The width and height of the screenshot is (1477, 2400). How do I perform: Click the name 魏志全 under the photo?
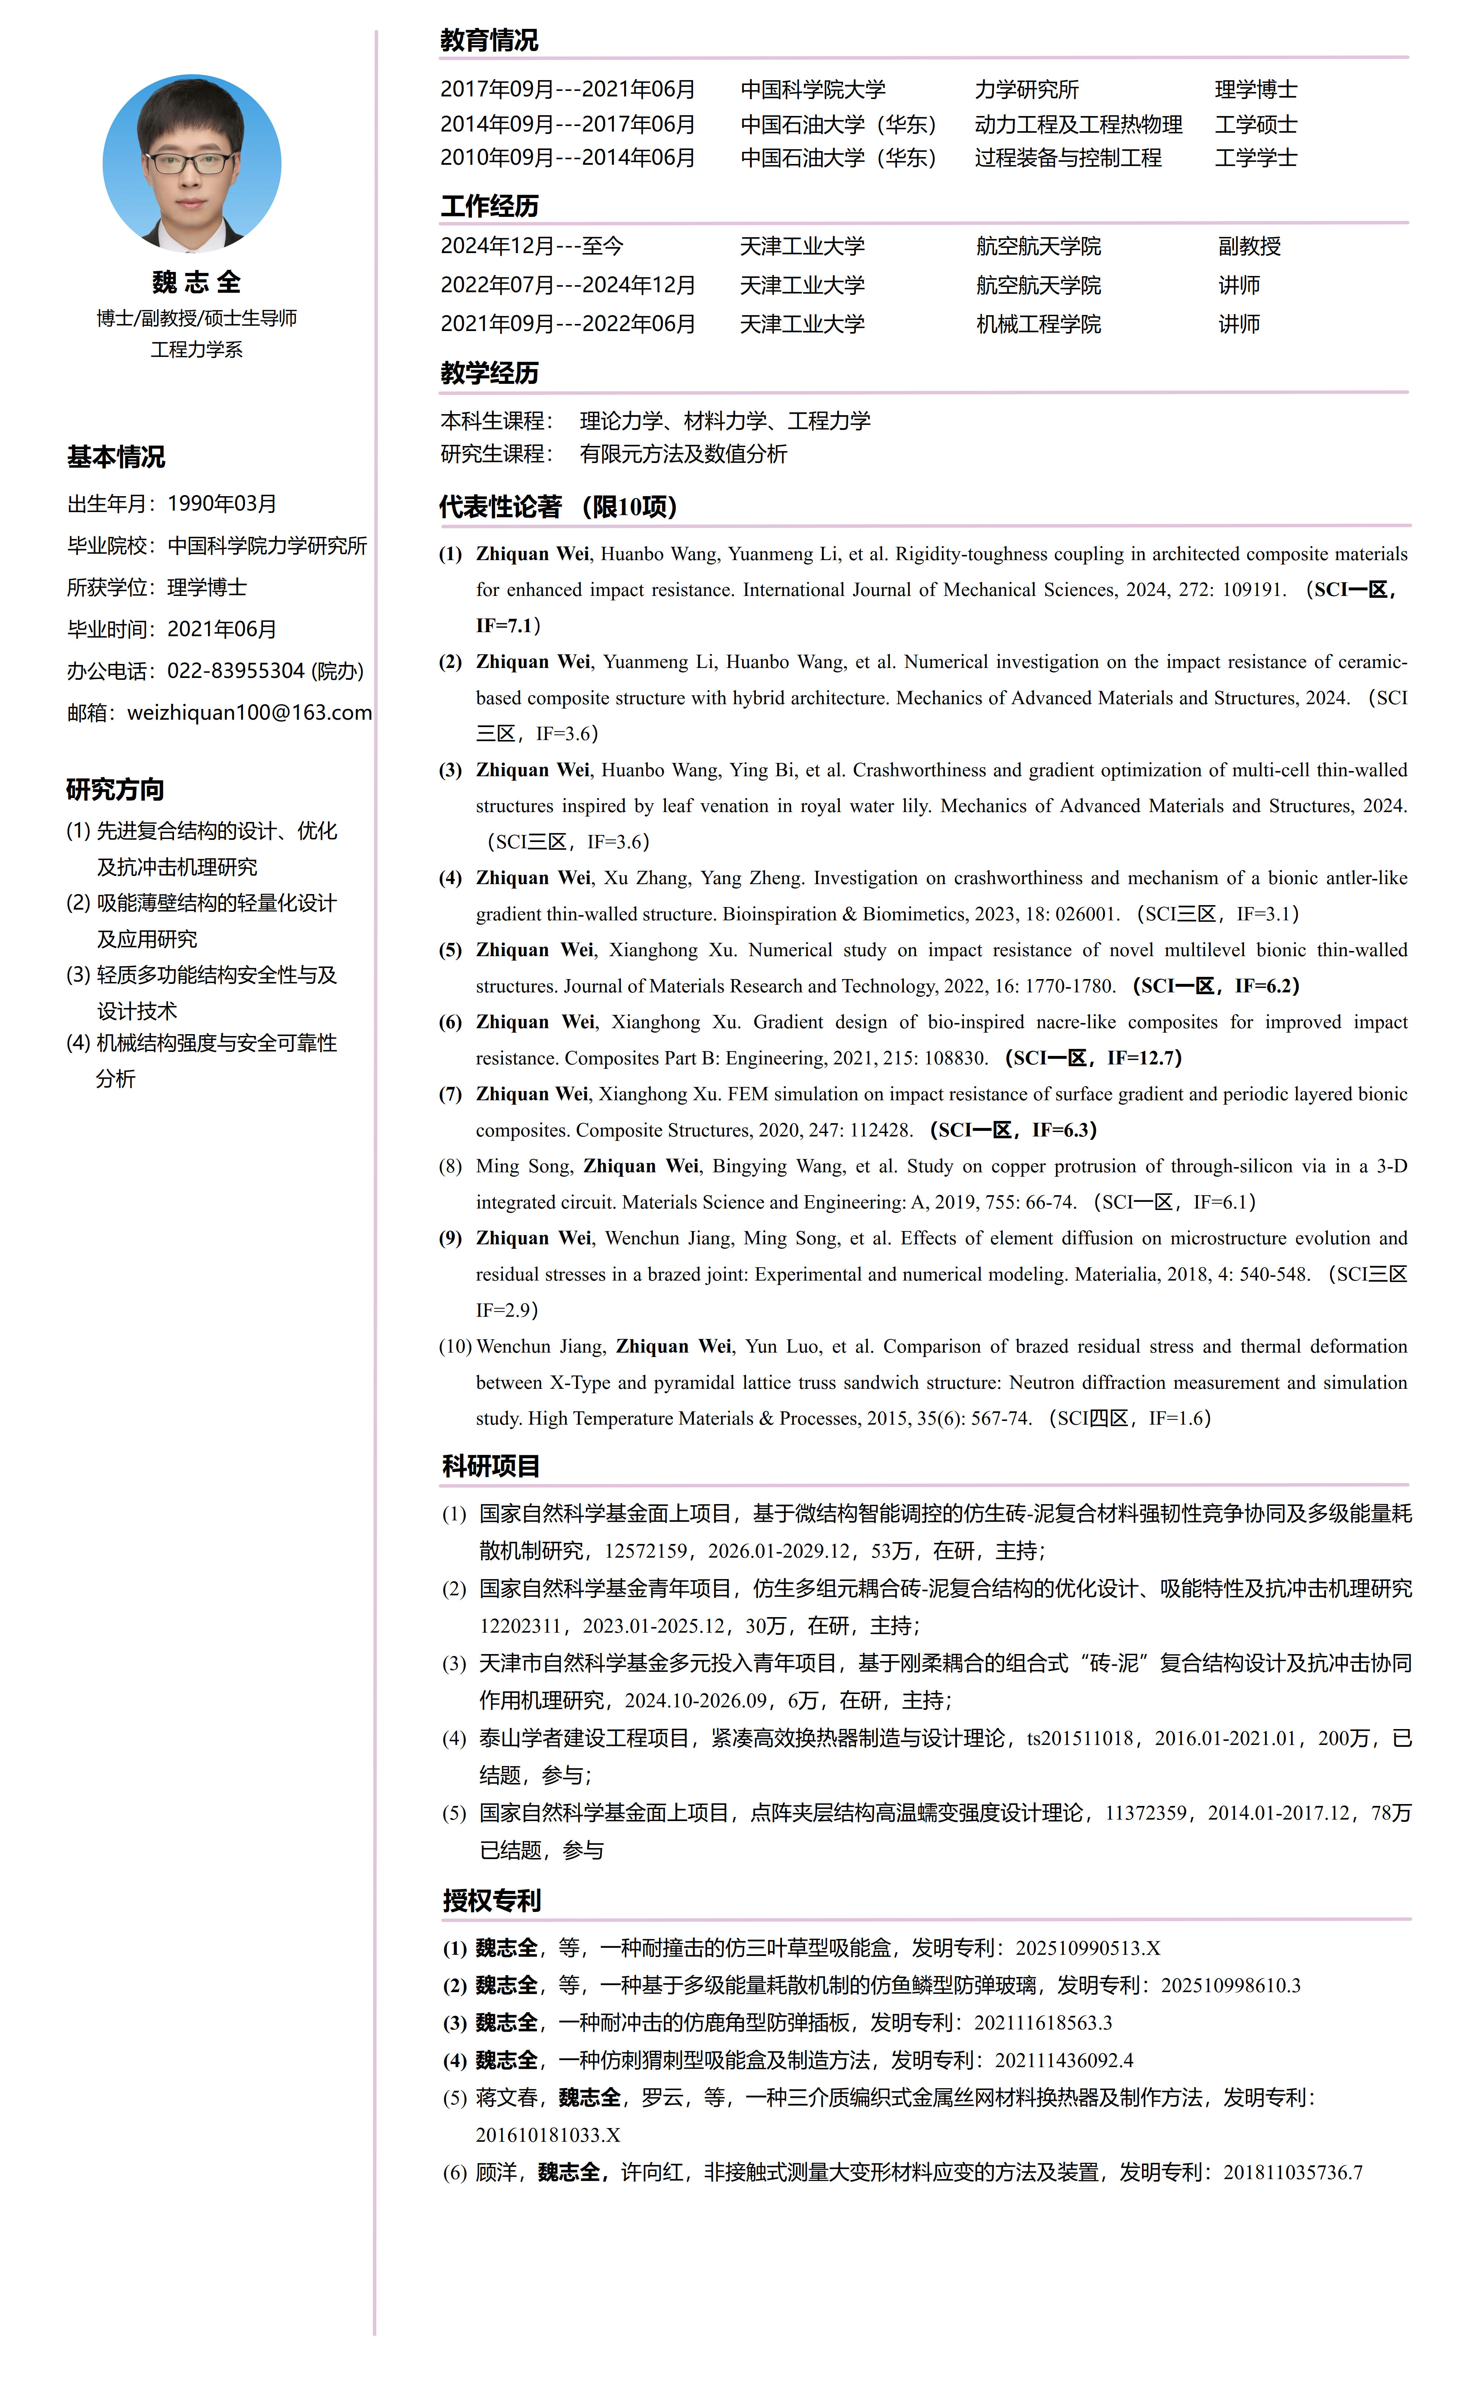tap(196, 282)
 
